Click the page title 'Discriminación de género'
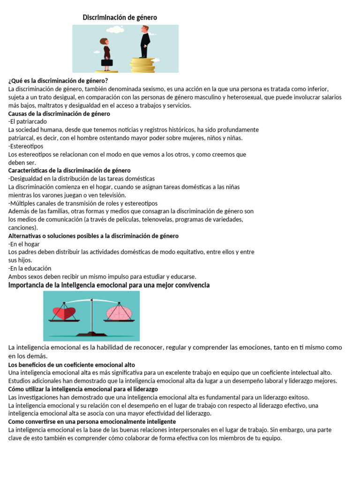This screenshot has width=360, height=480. pos(120,17)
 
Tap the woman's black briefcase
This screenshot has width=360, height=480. pos(107,62)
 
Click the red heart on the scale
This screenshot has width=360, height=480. pos(64,313)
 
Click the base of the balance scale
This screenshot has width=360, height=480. pos(92,334)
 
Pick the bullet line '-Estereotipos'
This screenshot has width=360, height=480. pos(26,146)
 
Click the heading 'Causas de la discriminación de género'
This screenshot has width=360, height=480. pos(59,114)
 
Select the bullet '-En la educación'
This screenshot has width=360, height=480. pos(30,268)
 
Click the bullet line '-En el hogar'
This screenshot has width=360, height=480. pos(24,244)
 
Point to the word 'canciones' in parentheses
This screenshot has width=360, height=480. pos(22,227)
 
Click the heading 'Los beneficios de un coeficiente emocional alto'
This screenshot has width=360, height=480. pos(72,365)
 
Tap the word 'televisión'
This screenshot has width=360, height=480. pos(110,195)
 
